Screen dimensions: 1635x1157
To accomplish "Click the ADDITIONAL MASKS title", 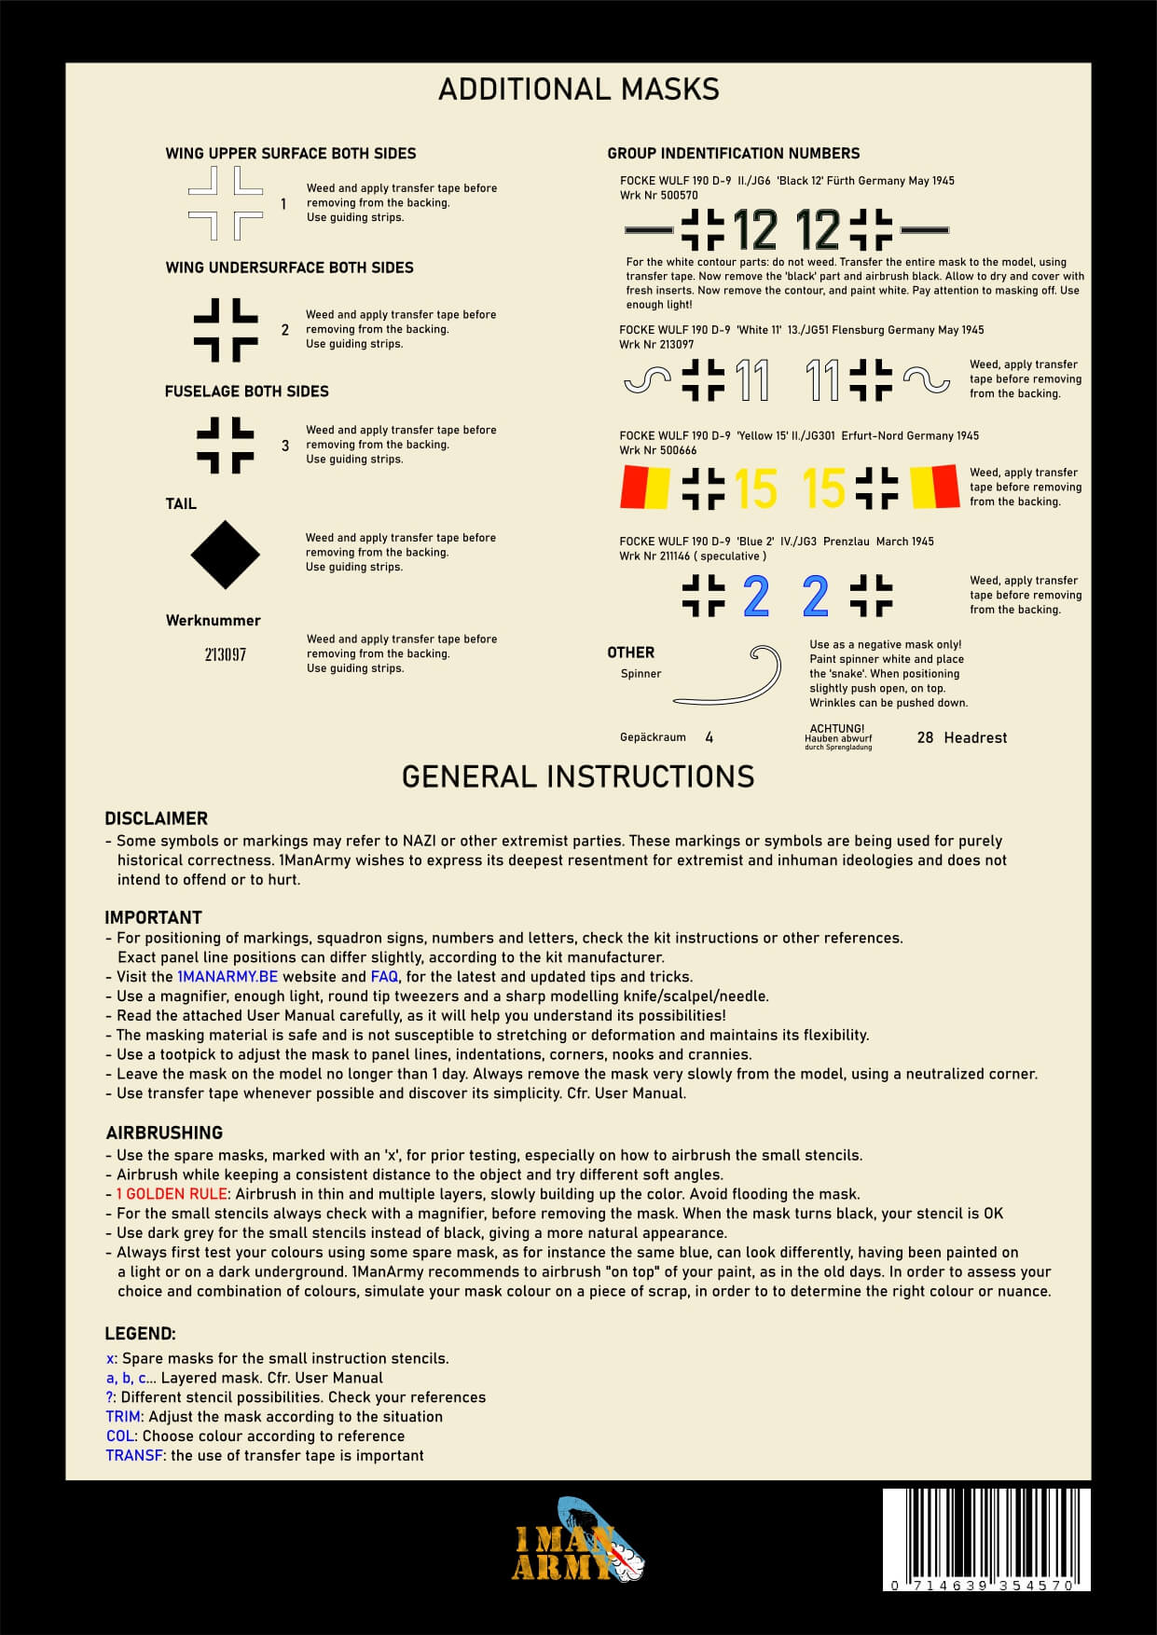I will (578, 89).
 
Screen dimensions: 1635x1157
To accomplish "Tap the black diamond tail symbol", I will (226, 555).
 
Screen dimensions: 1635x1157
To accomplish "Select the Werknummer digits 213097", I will (226, 654).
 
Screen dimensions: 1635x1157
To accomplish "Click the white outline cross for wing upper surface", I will (226, 203).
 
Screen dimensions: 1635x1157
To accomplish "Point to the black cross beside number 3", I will (226, 446).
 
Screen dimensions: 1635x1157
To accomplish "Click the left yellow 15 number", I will (755, 488).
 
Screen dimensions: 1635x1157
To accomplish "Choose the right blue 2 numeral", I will (815, 597).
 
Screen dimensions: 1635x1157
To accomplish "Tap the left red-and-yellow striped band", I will (645, 488).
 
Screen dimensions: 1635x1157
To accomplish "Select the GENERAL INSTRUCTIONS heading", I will (578, 776).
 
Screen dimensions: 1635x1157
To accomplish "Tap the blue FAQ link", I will (384, 977).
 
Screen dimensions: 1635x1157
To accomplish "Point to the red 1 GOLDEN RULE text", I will (172, 1194).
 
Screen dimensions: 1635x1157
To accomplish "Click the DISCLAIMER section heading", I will (156, 818).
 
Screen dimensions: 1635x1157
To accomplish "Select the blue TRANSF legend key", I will (134, 1455).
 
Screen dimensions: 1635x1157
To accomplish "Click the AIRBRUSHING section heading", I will (164, 1133).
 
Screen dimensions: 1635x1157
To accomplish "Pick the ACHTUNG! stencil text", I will (837, 729).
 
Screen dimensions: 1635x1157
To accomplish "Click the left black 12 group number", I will (755, 230).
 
